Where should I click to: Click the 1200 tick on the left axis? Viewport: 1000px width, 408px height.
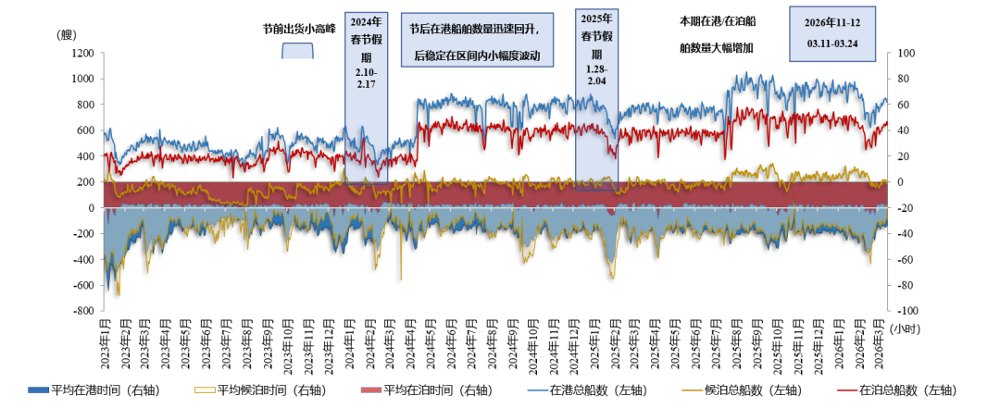[x=81, y=53]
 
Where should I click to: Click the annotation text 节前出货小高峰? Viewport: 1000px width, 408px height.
[x=298, y=29]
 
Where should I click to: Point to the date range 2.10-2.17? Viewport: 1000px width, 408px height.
[x=366, y=77]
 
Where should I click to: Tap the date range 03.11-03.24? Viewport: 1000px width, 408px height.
[x=831, y=43]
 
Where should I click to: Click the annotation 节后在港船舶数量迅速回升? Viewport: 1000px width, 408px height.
[x=478, y=29]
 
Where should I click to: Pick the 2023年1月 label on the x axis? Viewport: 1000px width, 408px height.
[x=104, y=344]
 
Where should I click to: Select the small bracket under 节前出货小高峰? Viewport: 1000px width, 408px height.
[x=298, y=50]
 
